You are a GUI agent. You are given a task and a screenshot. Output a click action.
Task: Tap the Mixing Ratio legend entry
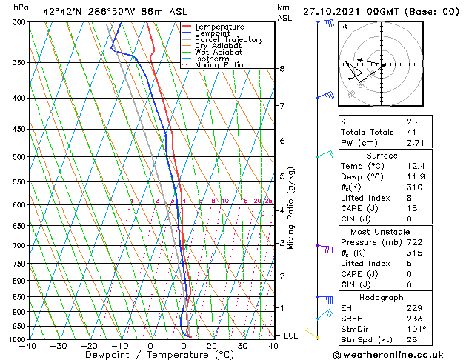[x=219, y=65]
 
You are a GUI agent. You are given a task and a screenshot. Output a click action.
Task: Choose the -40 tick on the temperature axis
[x=28, y=346]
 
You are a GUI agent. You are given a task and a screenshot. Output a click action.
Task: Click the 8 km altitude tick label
[x=282, y=69]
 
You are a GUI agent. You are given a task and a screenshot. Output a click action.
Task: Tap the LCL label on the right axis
[x=291, y=336]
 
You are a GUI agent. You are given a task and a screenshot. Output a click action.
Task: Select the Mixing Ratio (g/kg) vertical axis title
[x=291, y=208]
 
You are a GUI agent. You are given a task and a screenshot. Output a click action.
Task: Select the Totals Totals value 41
[x=410, y=131]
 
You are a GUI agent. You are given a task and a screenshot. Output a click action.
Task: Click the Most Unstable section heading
[x=376, y=231]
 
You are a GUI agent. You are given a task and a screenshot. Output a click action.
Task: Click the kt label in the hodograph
[x=344, y=26]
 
